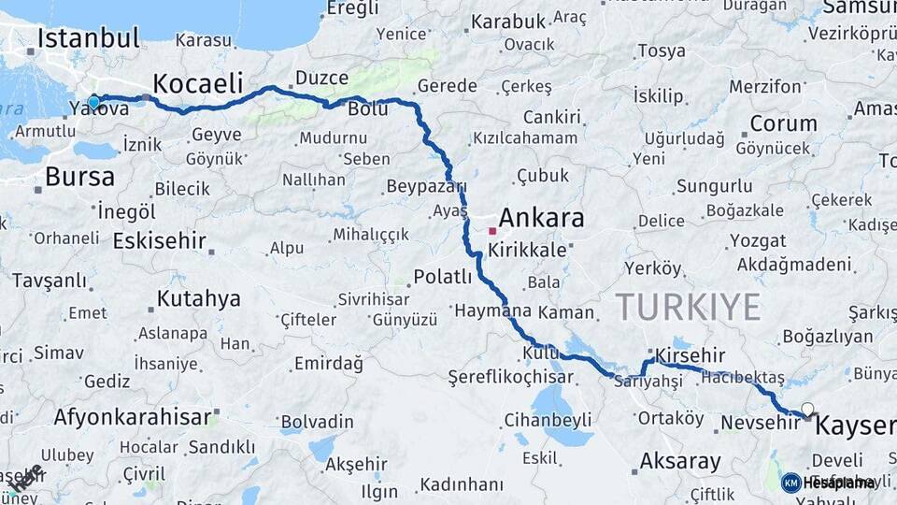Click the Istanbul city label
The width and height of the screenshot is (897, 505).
[x=88, y=39]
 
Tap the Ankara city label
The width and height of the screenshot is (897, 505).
[x=541, y=219]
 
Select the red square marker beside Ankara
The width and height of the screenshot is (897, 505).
[x=492, y=229]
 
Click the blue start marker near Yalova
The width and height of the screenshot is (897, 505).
[x=93, y=102]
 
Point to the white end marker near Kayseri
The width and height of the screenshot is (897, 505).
[x=807, y=409]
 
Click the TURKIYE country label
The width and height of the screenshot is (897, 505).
[x=687, y=306]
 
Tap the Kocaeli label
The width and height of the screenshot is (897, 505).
[x=197, y=83]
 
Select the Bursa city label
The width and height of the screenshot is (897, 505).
[x=79, y=177]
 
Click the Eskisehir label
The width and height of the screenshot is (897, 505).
[x=159, y=240]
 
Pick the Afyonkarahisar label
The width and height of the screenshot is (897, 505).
[x=132, y=417]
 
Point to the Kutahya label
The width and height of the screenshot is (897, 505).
[x=198, y=299]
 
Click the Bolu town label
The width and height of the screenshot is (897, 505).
[x=367, y=109]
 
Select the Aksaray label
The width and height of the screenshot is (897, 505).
[x=680, y=461]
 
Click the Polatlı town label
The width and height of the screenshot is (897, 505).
[x=443, y=277]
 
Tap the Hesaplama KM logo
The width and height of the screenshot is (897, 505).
[x=829, y=483]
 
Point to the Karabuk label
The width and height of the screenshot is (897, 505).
[x=507, y=22]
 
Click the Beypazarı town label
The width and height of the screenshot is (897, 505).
[x=420, y=184]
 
